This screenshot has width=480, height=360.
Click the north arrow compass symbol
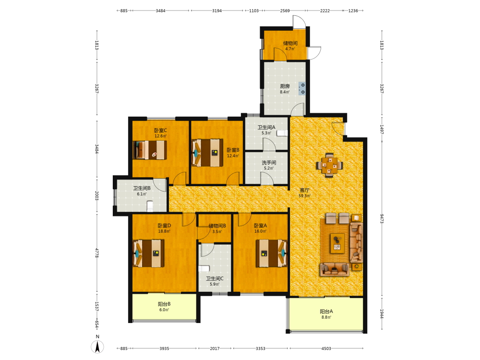tap(97, 347)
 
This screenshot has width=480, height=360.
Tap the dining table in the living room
tap(329, 165)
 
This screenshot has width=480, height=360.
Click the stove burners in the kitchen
tap(302, 88)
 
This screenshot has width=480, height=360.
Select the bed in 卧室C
tap(150, 150)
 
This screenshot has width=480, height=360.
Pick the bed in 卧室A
tap(272, 253)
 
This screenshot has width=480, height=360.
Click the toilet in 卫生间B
tap(150, 206)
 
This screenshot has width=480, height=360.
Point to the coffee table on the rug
tap(337, 243)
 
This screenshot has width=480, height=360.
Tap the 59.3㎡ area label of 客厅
tap(305, 196)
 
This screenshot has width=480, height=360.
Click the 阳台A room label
tap(326, 312)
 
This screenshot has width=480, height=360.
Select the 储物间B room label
tap(217, 226)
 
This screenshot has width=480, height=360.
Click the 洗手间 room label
tap(269, 163)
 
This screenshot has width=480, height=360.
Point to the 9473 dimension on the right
tap(382, 218)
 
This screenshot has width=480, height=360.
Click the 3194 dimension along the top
tap(217, 11)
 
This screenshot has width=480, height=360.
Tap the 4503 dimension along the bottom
tap(326, 348)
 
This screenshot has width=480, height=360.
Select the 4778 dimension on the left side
tap(97, 253)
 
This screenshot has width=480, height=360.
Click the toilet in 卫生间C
tap(204, 269)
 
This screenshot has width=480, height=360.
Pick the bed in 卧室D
tap(148, 253)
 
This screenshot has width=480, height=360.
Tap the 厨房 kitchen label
tap(285, 86)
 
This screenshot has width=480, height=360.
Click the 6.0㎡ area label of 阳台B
tap(164, 310)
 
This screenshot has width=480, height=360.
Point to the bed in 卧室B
tap(207, 153)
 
